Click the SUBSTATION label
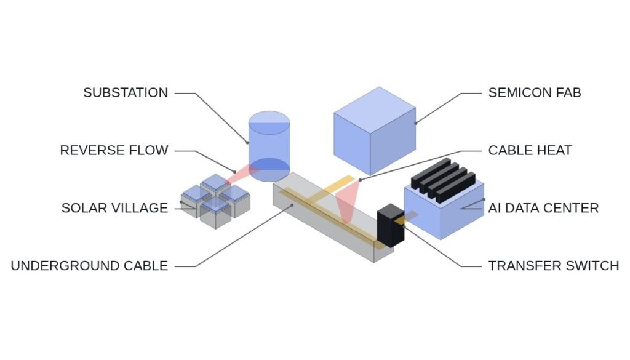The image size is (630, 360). coord(126,93)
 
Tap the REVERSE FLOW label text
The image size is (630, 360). coord(114,150)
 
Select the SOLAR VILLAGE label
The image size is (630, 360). coord(115,208)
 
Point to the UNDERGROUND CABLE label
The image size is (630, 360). coord(89,266)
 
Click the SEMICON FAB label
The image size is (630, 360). coord(535,93)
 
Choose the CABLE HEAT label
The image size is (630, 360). coord(530,150)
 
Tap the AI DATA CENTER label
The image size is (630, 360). coord(544,208)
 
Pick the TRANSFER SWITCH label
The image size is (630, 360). coord(554,266)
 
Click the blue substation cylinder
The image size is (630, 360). coord(269,146)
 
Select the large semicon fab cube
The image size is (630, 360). coord(375,131)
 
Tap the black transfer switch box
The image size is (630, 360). coord(391,225)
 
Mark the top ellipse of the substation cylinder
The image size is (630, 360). coord(269,122)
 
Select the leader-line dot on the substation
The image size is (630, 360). coord(248,142)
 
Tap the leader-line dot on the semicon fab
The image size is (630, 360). coord(415,123)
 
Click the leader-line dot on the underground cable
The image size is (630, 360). coord(292,205)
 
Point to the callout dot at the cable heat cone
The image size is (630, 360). coord(359,180)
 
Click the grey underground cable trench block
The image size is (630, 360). coord(333,217)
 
